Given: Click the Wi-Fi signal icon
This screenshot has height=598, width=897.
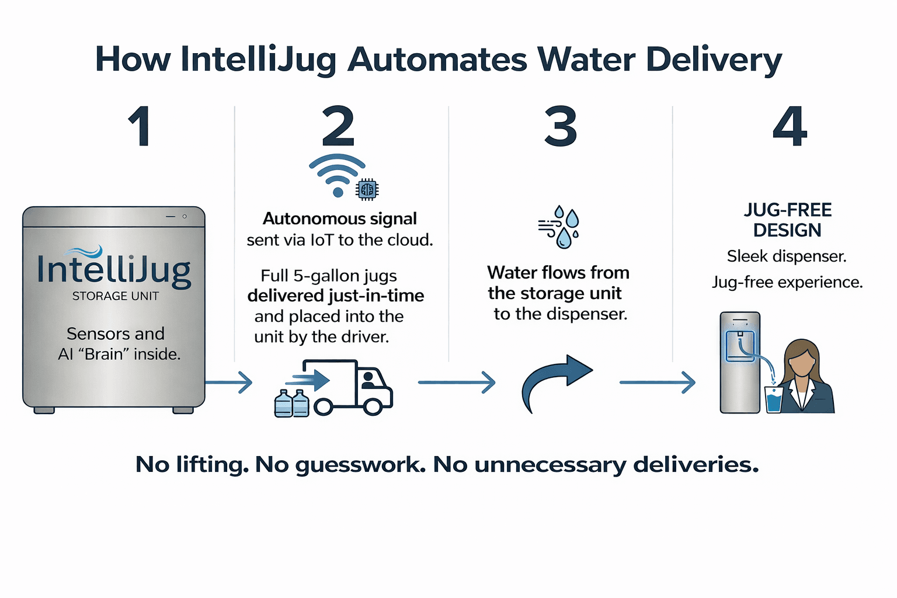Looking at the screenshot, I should (x=337, y=174).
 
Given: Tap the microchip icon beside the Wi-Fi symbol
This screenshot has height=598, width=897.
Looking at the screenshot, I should (x=367, y=189).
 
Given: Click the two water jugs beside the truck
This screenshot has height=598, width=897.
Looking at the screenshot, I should (x=291, y=403).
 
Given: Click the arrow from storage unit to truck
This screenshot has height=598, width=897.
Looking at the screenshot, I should (x=229, y=383).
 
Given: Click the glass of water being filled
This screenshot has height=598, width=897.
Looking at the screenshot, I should (x=773, y=400).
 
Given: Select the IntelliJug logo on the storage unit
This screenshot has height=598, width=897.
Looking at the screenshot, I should (x=114, y=269).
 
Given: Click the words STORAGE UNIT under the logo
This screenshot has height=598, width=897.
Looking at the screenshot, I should (x=116, y=296).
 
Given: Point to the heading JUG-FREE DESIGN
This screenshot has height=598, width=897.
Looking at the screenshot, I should (x=787, y=220).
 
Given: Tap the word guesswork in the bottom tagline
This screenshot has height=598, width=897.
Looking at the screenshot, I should (x=360, y=465).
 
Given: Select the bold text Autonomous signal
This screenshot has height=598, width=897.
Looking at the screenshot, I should (x=340, y=218).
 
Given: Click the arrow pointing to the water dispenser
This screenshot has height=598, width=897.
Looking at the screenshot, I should (x=657, y=383).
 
